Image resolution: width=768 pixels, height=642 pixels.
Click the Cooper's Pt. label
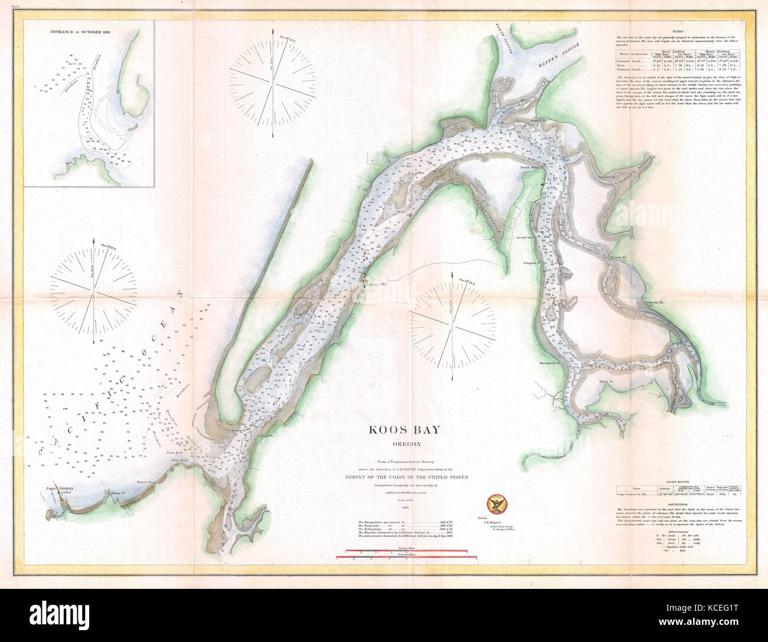[x=533, y=263]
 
